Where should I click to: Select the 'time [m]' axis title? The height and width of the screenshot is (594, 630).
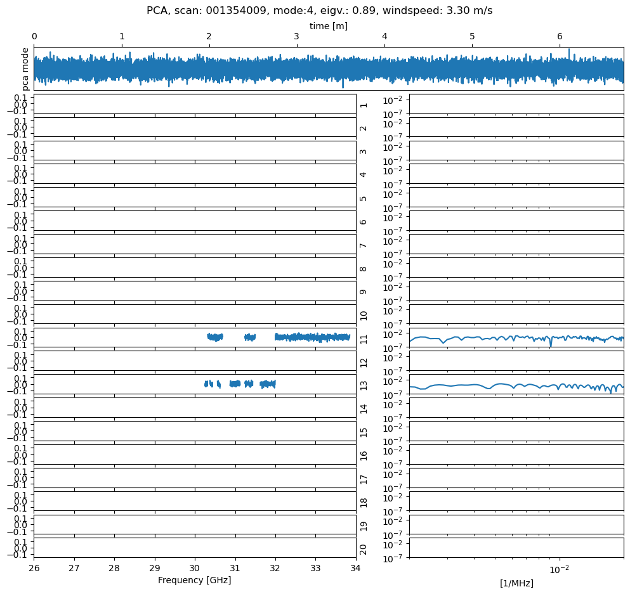(x=328, y=26)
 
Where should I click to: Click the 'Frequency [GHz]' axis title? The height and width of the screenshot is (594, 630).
(x=194, y=580)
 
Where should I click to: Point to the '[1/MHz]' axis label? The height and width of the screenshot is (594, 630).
(x=516, y=583)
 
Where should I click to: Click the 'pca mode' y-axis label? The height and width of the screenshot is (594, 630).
(x=25, y=68)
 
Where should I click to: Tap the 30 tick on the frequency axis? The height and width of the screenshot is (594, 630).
(x=195, y=568)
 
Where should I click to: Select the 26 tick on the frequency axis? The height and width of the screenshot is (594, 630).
(x=34, y=568)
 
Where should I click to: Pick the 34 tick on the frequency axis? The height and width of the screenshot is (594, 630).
(x=355, y=568)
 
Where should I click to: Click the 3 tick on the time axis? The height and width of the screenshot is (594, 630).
(x=297, y=37)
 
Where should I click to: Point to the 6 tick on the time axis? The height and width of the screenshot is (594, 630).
(x=560, y=37)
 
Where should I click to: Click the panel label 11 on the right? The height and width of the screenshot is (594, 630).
(x=364, y=338)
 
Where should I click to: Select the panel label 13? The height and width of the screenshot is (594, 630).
(x=364, y=385)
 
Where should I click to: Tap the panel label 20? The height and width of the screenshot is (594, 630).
(x=364, y=548)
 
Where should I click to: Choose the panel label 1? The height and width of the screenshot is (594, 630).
(x=364, y=104)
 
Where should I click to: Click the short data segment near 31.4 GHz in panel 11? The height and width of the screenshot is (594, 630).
(x=250, y=337)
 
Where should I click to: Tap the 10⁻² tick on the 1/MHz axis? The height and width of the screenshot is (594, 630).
(x=559, y=569)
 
